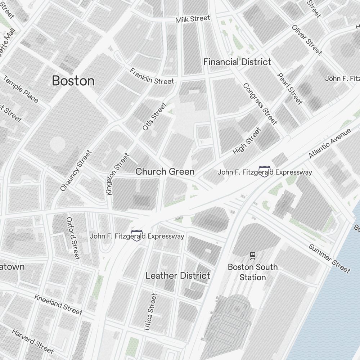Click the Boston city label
click(73, 81)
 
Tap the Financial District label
click(237, 62)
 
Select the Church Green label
click(165, 172)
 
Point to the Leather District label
click(177, 276)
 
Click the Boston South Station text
click(253, 272)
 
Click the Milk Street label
click(193, 19)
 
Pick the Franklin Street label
click(152, 76)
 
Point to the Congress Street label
click(260, 104)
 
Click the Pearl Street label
click(290, 89)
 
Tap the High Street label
click(247, 141)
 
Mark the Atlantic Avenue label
click(330, 143)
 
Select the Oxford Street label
click(73, 238)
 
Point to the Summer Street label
click(329, 258)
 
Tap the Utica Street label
click(150, 312)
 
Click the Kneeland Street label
click(58, 305)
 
